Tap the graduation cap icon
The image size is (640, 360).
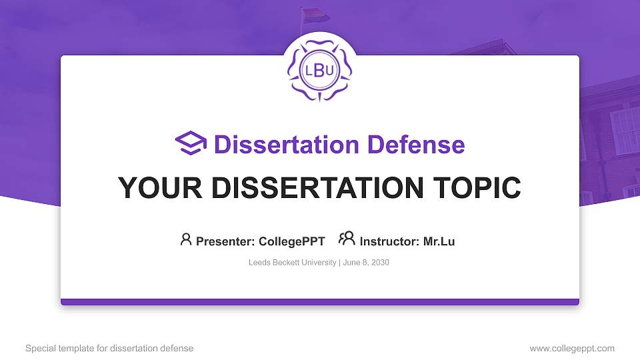191,144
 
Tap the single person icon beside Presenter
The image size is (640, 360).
186,239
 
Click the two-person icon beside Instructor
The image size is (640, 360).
347,239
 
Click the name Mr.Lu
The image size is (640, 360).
439,241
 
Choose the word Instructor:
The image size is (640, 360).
389,241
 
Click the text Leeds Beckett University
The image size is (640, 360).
292,263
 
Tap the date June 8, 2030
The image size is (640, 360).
366,263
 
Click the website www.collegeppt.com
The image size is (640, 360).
572,348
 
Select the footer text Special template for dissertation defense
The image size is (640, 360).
109,348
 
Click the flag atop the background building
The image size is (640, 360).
311,14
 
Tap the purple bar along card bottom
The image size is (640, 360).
320,302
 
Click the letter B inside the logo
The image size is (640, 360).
319,71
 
